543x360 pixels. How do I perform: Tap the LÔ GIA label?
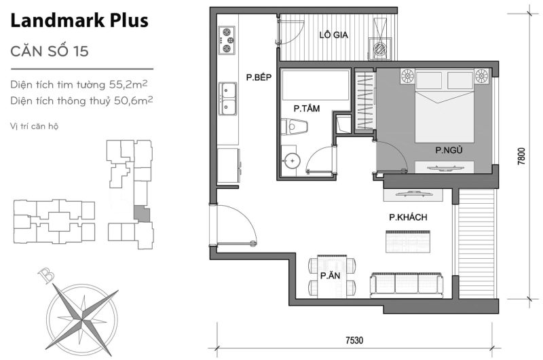coord(334,35)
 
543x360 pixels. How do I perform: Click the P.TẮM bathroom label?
coord(307,108)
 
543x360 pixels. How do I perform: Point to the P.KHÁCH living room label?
coord(407,217)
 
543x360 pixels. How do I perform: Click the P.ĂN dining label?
coord(331,276)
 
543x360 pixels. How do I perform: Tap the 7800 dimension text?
coord(521,157)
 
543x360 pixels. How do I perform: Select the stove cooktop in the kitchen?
coord(227,40)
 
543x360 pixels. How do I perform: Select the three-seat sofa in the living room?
coord(407,284)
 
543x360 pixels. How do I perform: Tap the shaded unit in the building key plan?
coord(139,213)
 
